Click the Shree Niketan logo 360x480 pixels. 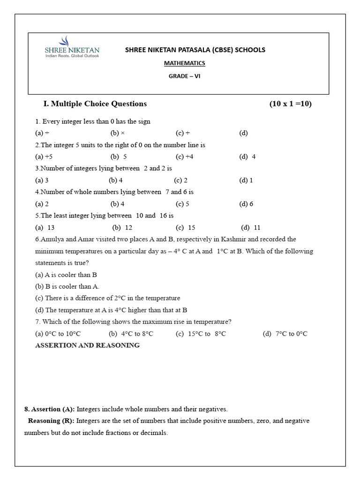pyautogui.click(x=72, y=47)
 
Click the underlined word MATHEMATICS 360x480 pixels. pyautogui.click(x=184, y=63)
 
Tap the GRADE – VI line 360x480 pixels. pyautogui.click(x=184, y=76)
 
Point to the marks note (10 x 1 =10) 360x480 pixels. pyautogui.click(x=290, y=104)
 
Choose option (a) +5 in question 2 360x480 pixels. pyautogui.click(x=44, y=157)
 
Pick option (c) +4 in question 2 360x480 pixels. pyautogui.click(x=185, y=157)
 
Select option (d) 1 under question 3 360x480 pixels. pyautogui.click(x=246, y=180)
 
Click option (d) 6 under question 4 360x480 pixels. pyautogui.click(x=246, y=204)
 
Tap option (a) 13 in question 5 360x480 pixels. pyautogui.click(x=45, y=228)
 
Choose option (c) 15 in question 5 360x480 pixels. pyautogui.click(x=186, y=228)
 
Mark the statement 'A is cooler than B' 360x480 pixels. pyautogui.click(x=66, y=275)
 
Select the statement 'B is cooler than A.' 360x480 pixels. pyautogui.click(x=67, y=286)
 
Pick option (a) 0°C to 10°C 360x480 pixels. pyautogui.click(x=58, y=334)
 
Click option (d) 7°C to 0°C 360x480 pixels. pyautogui.click(x=285, y=334)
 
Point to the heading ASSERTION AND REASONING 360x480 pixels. pyautogui.click(x=88, y=345)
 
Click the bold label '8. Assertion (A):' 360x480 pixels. pyautogui.click(x=50, y=409)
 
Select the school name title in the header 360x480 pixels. pyautogui.click(x=195, y=50)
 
